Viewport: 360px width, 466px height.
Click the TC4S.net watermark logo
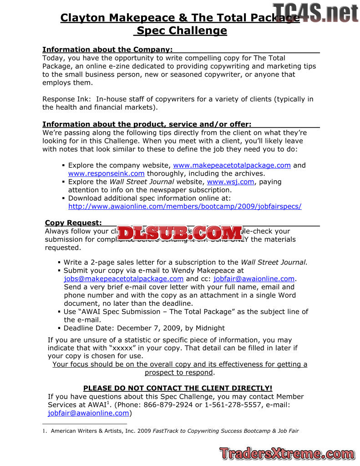[316, 12]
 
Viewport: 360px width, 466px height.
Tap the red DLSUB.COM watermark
[180, 233]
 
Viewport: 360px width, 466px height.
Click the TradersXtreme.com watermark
[286, 453]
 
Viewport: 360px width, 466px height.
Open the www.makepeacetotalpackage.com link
[232, 165]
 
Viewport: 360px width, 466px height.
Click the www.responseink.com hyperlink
[106, 173]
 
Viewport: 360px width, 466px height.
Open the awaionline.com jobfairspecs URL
[184, 206]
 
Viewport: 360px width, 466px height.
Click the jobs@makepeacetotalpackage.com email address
[124, 279]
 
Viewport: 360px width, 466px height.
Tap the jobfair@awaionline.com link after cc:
[254, 279]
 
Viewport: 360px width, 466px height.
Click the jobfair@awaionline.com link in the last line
[88, 413]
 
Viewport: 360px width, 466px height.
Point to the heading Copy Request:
[73, 223]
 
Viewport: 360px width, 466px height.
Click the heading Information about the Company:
[107, 50]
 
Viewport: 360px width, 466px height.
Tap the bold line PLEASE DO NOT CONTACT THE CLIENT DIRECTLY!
[177, 388]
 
